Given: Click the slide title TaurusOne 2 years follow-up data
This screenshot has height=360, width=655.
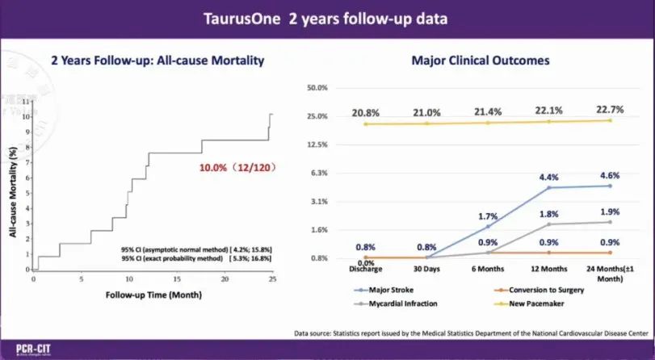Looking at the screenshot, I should pyautogui.click(x=327, y=19).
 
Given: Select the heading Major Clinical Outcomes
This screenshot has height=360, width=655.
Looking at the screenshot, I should pyautogui.click(x=468, y=60).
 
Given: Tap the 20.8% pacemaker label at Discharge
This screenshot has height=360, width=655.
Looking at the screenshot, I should pyautogui.click(x=366, y=113).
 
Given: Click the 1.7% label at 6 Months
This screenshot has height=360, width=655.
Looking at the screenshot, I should pyautogui.click(x=489, y=216).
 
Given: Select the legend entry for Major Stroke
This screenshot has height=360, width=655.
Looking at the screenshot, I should pyautogui.click(x=382, y=289).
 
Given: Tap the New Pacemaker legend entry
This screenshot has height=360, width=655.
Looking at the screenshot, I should pyautogui.click(x=524, y=304).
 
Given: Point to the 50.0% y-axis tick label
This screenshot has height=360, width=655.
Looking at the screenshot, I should pyautogui.click(x=317, y=87).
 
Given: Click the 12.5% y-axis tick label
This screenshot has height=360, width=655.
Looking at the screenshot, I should pyautogui.click(x=317, y=144).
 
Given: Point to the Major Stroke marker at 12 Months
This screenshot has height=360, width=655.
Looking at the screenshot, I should pyautogui.click(x=549, y=187).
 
